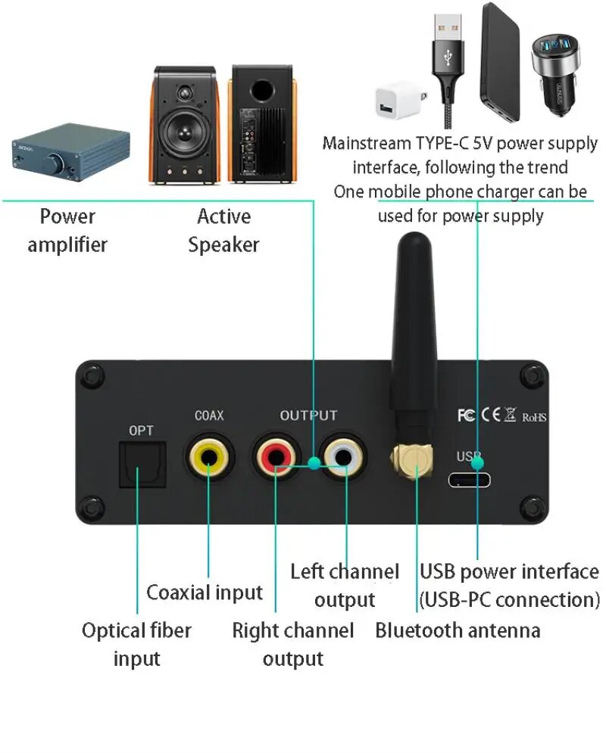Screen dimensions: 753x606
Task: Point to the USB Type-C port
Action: pyautogui.click(x=470, y=480)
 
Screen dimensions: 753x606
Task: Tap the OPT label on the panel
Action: pyautogui.click(x=141, y=431)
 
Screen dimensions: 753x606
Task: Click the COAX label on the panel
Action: pyautogui.click(x=209, y=415)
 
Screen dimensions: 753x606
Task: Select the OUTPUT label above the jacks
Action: pyautogui.click(x=308, y=415)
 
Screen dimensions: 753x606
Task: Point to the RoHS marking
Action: pyautogui.click(x=534, y=416)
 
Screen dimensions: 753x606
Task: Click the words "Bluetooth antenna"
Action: pyautogui.click(x=458, y=630)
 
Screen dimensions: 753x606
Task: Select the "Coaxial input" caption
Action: pyautogui.click(x=205, y=592)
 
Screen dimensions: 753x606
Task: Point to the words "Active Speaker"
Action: pyautogui.click(x=223, y=230)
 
